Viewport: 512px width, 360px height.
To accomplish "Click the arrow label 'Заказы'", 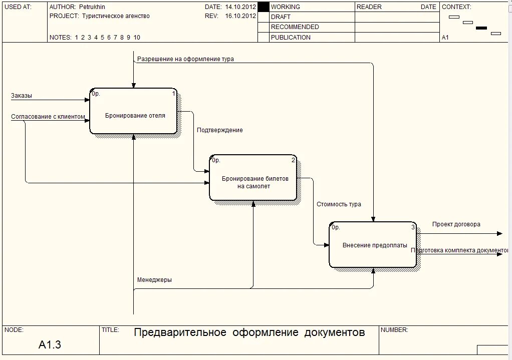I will tap(22, 96).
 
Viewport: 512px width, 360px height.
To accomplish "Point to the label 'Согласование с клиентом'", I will tap(48, 117).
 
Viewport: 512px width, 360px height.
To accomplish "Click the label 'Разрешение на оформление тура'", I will tap(185, 59).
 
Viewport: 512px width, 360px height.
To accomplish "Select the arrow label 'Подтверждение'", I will tap(219, 130).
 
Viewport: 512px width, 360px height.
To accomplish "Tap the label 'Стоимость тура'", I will tap(339, 204).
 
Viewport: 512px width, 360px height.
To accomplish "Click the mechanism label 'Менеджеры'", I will tap(154, 280).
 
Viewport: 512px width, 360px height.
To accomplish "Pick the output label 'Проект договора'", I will tap(456, 224).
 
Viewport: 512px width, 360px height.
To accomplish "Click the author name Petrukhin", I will tap(92, 7).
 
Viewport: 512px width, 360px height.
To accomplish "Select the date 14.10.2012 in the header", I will tap(240, 7).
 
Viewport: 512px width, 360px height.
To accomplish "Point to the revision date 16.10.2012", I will tap(240, 16).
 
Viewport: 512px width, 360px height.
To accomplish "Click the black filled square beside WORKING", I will tap(263, 7).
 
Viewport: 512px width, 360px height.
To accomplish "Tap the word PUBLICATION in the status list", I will tap(291, 38).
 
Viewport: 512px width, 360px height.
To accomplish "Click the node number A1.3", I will tap(50, 344).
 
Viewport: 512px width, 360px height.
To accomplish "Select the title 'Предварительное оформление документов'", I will tap(249, 332).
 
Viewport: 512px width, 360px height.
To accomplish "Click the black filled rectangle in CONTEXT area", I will tap(481, 28).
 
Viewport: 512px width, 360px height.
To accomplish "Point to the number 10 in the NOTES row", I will tap(137, 38).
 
